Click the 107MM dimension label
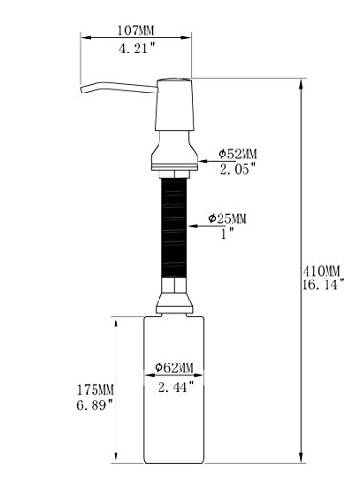136,31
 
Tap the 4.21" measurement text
137,49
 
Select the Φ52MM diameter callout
238,155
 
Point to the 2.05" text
238,169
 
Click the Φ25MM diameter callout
227,218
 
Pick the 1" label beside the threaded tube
227,234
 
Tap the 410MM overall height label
321,271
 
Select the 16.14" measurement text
323,285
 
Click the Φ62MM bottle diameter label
174,368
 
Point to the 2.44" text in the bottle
176,387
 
